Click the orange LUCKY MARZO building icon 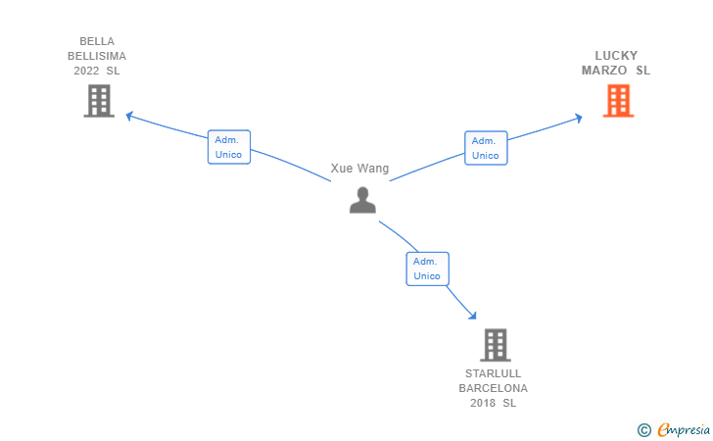point(617,101)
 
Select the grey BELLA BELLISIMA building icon point(98,101)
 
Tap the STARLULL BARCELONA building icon point(496,345)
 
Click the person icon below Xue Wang point(362,200)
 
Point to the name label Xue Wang point(359,169)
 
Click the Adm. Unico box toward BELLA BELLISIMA point(228,147)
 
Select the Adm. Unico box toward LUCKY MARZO point(485,148)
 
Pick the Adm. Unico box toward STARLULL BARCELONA point(427,269)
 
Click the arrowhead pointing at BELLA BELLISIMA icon point(130,117)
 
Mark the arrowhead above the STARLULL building point(472,316)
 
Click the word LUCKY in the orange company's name point(616,56)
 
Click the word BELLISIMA point(97,56)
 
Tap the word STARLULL point(494,373)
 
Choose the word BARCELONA point(494,388)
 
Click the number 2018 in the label point(483,403)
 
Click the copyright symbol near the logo point(643,429)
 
